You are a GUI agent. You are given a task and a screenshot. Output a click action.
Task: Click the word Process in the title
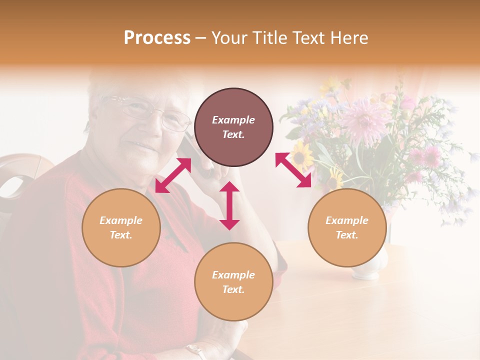157,37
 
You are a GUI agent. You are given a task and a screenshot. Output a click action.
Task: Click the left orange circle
121,227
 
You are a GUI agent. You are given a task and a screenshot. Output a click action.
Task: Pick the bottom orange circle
233,281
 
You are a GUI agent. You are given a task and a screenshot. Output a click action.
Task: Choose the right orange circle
347,227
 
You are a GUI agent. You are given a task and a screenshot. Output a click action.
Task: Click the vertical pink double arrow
229,205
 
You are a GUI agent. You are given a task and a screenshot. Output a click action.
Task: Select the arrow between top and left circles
173,175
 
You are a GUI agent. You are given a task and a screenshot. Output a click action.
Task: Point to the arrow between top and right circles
293,170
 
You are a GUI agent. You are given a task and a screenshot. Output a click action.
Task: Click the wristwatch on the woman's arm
195,350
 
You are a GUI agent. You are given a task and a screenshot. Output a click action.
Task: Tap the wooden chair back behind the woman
20,175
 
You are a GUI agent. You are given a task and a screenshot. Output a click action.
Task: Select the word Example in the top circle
233,120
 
